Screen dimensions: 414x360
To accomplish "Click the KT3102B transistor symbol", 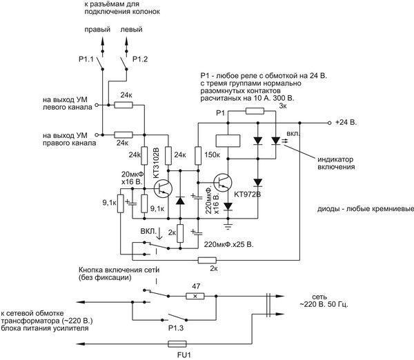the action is [x=163, y=188].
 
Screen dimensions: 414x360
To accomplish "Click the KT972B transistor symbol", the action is [x=223, y=182].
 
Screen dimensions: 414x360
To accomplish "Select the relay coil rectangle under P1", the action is [x=228, y=141].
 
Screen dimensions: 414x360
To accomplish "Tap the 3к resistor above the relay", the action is [x=255, y=111].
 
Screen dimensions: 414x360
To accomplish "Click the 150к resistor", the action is [x=198, y=156].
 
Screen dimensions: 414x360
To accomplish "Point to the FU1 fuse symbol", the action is [x=177, y=344].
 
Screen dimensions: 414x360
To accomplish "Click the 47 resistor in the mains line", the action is [x=195, y=296].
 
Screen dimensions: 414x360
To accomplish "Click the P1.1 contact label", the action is [x=86, y=59].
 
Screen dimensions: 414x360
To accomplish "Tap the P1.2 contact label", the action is [x=140, y=59].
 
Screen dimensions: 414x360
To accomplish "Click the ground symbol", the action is [x=228, y=226].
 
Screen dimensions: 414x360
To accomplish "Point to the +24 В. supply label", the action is [x=346, y=123].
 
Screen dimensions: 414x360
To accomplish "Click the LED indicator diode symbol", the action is [x=275, y=141].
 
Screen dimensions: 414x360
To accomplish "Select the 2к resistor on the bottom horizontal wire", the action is [x=207, y=260].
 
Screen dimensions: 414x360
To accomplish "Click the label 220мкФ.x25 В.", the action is [x=228, y=244].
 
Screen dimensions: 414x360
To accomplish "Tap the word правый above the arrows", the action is [x=97, y=30].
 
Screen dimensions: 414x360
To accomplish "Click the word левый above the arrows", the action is [x=131, y=29].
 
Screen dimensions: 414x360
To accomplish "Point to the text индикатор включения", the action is [x=336, y=163].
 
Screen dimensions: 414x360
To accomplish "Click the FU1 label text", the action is [x=184, y=355].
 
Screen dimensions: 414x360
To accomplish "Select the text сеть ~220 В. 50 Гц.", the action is [x=324, y=301].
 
